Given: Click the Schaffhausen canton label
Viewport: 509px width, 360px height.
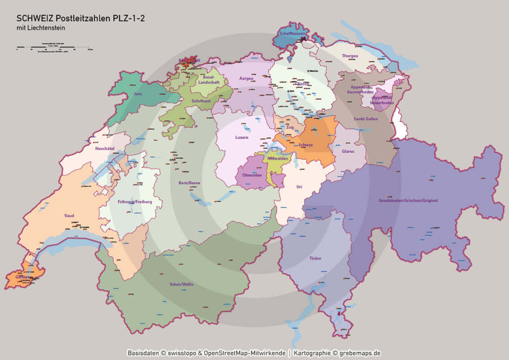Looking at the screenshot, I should tap(292, 33).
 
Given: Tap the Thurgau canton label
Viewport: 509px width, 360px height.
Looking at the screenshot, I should tap(350, 56).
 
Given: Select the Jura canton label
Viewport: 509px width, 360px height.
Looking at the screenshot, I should tap(138, 93).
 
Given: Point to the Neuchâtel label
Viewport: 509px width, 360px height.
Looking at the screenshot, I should tap(105, 148).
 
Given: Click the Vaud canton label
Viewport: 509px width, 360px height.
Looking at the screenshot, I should tap(69, 215).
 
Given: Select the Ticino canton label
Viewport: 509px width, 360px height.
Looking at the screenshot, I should tap(315, 258).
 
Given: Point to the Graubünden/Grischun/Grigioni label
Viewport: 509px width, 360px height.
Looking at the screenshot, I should tap(405, 200).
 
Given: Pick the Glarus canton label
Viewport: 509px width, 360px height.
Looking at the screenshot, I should tap(348, 151).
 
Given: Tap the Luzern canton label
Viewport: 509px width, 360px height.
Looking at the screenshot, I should tap(242, 137).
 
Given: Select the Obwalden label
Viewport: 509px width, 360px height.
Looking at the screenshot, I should tap(252, 175).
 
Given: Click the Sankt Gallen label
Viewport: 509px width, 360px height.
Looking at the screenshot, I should tap(366, 119).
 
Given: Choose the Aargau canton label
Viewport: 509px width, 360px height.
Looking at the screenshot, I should tap(246, 79).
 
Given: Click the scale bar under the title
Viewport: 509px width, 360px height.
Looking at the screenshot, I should tap(53, 49).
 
